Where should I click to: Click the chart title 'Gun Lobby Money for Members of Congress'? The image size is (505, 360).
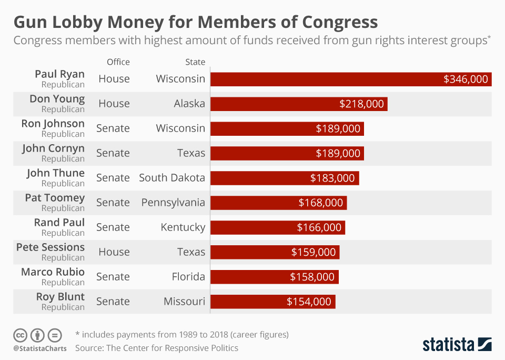195,22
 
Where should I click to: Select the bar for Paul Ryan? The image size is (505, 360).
350,79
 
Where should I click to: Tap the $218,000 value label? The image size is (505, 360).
361,104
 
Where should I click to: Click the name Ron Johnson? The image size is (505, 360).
53,124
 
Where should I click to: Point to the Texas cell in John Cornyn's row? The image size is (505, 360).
191,153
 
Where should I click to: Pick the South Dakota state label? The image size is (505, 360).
171,178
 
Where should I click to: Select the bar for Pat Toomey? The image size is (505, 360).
278,203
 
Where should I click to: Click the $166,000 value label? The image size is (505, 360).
319,227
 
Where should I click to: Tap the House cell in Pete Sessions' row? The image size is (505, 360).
114,252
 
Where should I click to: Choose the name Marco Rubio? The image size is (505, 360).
53,272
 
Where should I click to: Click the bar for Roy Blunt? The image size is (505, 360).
272,302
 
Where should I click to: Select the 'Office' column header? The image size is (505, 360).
118,62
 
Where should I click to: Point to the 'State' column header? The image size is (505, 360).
195,62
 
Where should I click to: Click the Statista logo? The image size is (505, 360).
457,344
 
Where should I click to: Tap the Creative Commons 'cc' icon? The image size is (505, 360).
20,335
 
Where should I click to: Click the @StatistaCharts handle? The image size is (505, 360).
39,348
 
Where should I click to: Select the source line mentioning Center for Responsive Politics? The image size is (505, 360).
156,348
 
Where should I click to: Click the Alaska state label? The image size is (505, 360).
189,104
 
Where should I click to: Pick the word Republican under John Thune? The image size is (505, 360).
63,184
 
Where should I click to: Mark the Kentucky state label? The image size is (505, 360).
183,227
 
